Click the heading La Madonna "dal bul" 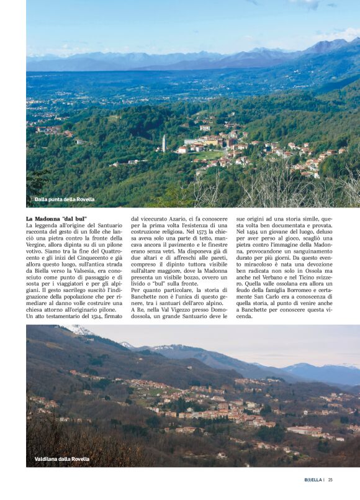point(56,219)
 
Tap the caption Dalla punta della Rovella point(65,199)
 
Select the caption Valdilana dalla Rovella point(62,459)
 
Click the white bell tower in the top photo point(163,143)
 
